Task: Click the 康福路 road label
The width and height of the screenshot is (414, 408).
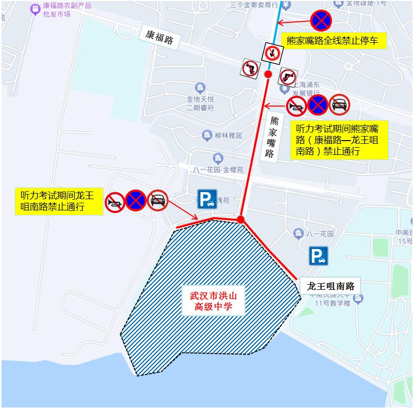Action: point(159,37)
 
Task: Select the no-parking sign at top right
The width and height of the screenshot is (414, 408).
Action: point(321,20)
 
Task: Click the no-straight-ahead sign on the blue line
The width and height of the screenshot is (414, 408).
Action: point(272,52)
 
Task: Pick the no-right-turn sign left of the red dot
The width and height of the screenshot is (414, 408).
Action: point(250,68)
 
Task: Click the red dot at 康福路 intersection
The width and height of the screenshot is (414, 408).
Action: point(268,74)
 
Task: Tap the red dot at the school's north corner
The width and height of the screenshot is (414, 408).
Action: point(240,220)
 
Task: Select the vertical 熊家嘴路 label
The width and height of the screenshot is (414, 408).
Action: point(272,137)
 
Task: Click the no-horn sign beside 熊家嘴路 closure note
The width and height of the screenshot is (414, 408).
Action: point(297,105)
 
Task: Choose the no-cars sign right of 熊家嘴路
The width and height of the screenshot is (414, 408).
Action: point(339,105)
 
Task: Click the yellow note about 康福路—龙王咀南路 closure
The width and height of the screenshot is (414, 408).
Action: point(339,140)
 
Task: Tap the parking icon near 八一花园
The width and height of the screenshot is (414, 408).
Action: point(318,256)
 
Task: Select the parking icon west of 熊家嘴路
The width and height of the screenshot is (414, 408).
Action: point(207,199)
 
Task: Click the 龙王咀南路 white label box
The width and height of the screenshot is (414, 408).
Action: point(330,285)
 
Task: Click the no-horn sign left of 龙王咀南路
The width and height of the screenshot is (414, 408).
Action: point(115,201)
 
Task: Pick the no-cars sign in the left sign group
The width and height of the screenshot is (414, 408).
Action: point(158,200)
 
